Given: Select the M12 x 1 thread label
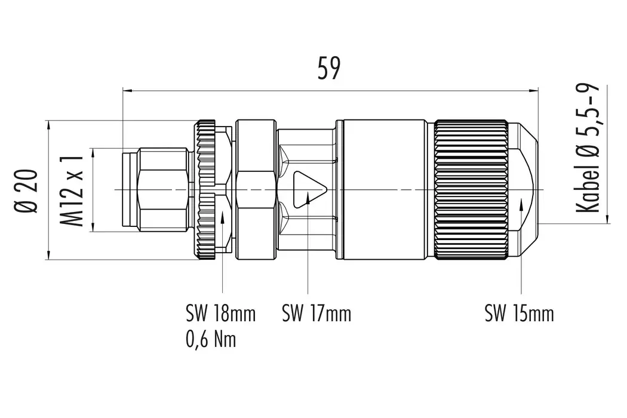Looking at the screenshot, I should (x=72, y=190).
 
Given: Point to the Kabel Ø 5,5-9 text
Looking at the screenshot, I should (x=588, y=149).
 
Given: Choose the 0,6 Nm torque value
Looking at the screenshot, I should (x=211, y=339).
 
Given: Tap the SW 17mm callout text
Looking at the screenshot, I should (x=316, y=313).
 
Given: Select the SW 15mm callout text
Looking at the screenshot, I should (x=519, y=313).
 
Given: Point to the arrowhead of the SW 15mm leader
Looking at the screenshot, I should (x=522, y=205).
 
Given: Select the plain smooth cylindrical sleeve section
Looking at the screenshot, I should (x=385, y=190).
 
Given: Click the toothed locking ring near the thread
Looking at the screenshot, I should (x=207, y=190).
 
